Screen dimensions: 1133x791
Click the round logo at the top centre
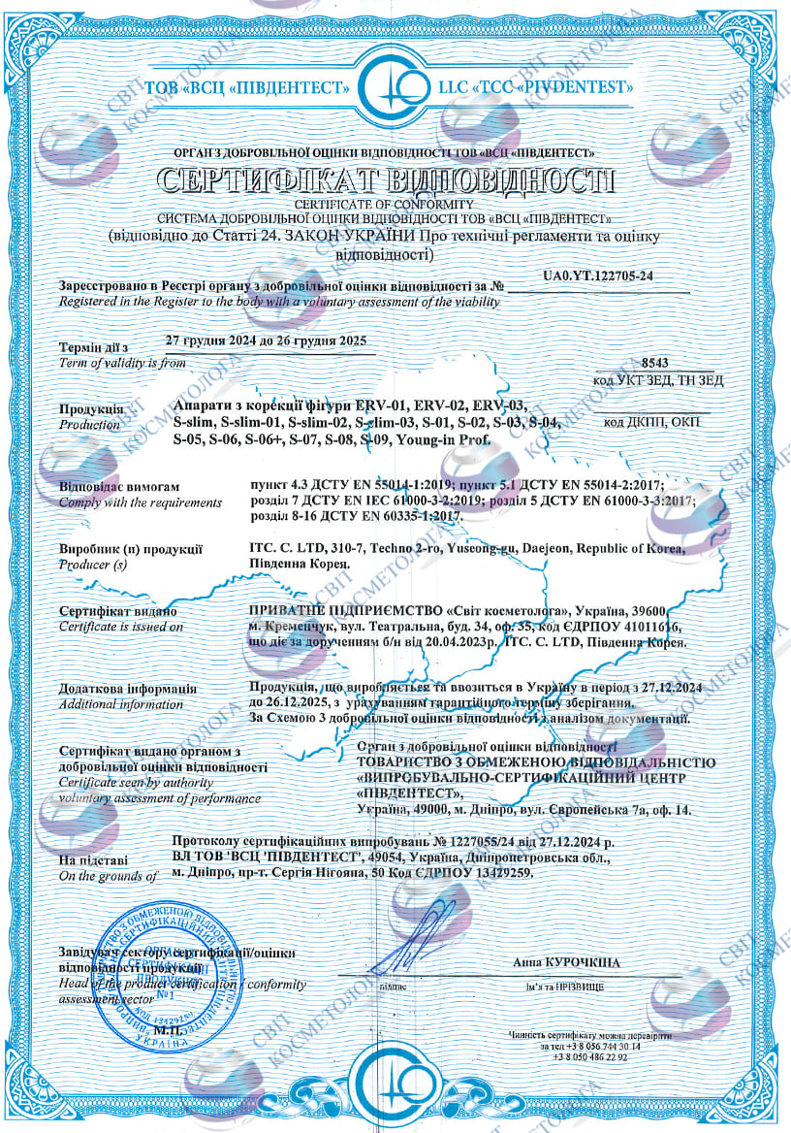click(x=395, y=86)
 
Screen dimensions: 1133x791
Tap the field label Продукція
click(x=91, y=409)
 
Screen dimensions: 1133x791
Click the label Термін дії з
click(x=93, y=347)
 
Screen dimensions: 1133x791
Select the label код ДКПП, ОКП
click(x=649, y=422)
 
